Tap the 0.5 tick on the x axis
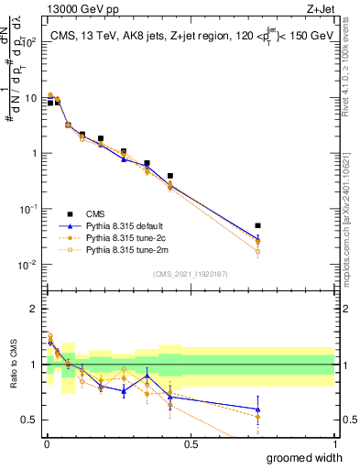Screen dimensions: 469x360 coord(191,444)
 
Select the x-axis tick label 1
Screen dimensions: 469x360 coord(334,444)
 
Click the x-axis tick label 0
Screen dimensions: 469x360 coord(46,444)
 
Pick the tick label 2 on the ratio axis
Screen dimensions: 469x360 coord(36,309)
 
